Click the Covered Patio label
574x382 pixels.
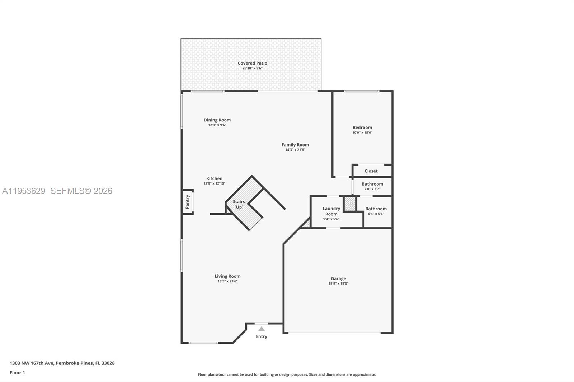pos(252,63)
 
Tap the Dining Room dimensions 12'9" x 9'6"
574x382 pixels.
pos(217,125)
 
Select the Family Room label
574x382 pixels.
pos(295,145)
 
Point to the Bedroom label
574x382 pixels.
pos(362,127)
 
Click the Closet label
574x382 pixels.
pos(371,171)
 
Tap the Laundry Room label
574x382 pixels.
pos(331,211)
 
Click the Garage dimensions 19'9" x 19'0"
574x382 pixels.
pos(338,283)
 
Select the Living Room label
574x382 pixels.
pos(227,276)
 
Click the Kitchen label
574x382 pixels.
pos(214,178)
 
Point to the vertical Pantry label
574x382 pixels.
pos(187,202)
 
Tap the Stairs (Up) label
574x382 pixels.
pos(239,204)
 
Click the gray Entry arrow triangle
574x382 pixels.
pos(262,329)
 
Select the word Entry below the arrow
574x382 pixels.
pos(262,336)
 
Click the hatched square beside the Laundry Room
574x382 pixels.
pos(350,204)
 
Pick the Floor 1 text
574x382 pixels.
pos(17,373)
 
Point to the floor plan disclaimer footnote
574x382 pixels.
pos(287,374)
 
